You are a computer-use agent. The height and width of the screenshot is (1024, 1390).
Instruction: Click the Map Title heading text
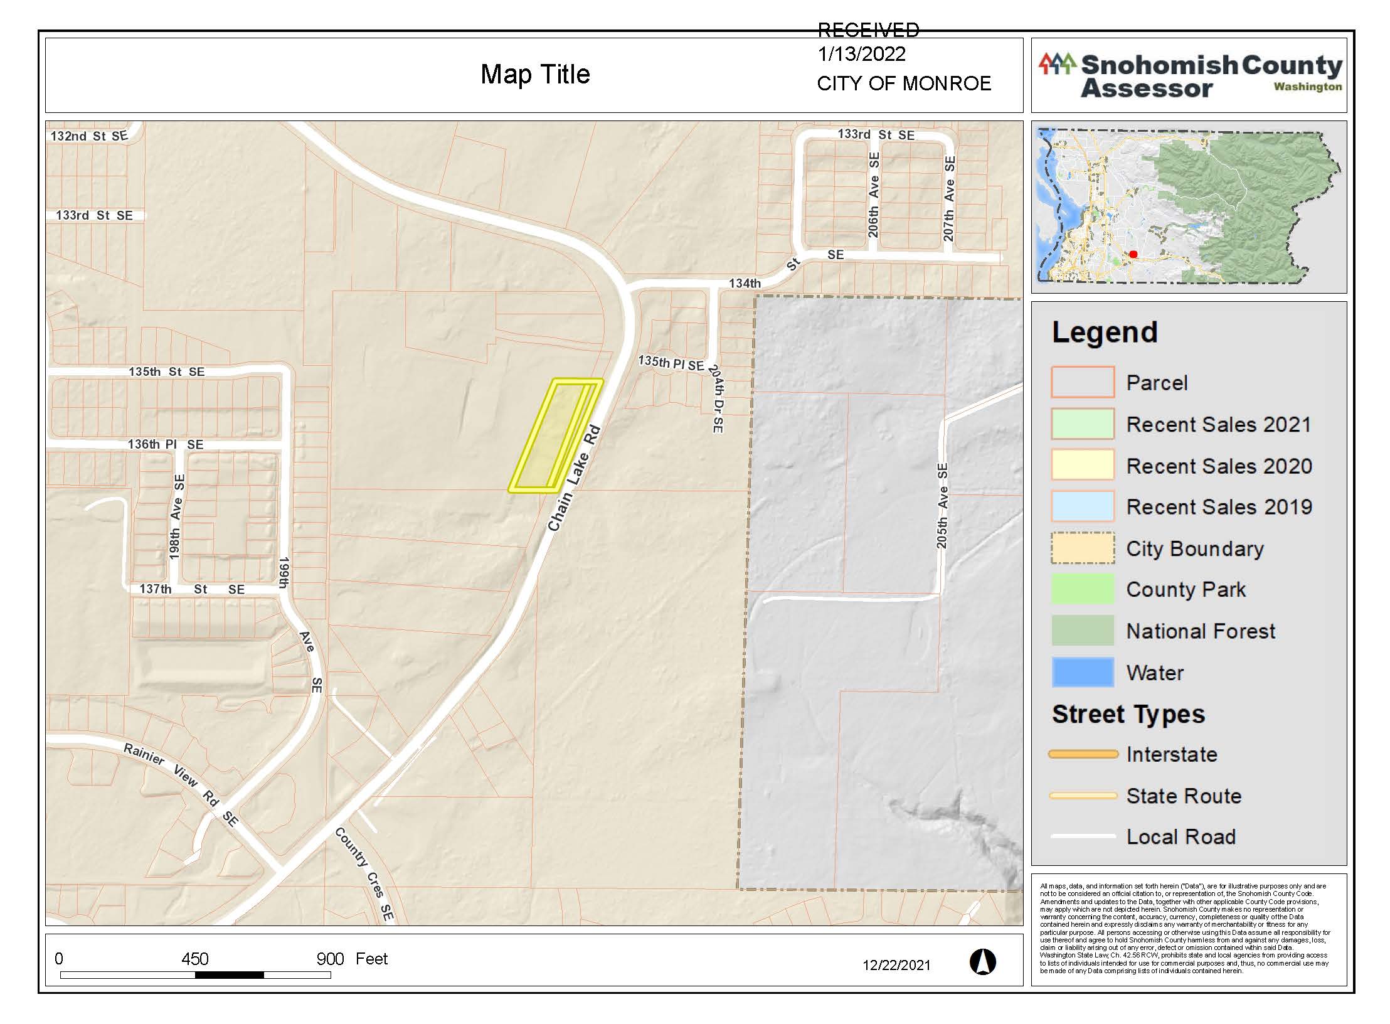(x=535, y=75)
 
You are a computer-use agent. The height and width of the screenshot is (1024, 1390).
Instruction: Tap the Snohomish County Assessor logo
(x=1189, y=76)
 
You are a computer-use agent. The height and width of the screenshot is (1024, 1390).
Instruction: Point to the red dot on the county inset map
(x=1133, y=254)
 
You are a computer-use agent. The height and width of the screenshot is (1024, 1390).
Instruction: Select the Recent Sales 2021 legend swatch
(x=1083, y=424)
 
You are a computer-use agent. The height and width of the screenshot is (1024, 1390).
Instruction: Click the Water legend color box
(x=1083, y=672)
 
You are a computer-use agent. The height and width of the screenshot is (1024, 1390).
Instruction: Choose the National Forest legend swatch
(x=1083, y=631)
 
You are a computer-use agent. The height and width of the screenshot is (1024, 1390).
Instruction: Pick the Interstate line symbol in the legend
(x=1083, y=754)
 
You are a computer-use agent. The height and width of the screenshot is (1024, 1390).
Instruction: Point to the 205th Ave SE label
(x=942, y=506)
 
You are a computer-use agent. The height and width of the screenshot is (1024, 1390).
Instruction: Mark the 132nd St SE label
(x=89, y=136)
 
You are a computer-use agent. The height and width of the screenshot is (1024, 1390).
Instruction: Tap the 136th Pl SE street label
(x=166, y=444)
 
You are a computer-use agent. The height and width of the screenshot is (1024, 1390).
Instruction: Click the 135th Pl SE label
(x=671, y=363)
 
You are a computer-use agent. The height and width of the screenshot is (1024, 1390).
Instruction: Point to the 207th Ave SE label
(x=949, y=199)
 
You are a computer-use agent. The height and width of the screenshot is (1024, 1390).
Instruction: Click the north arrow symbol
(x=982, y=962)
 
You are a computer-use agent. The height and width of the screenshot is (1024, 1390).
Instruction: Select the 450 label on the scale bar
(x=194, y=959)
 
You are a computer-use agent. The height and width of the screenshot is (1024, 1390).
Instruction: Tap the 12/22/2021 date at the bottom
(x=896, y=965)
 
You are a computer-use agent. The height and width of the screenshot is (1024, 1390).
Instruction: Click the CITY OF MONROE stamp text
(x=904, y=83)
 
